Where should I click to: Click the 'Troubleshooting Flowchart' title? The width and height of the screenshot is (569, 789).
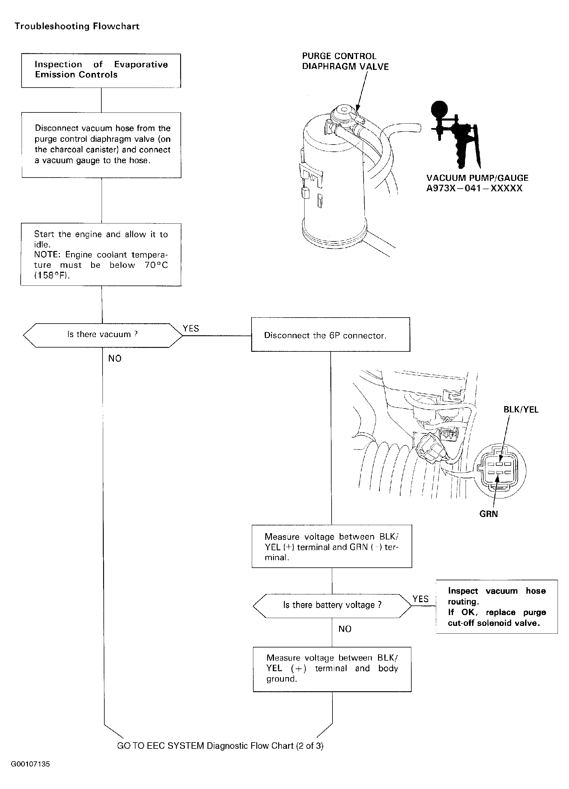point(77,26)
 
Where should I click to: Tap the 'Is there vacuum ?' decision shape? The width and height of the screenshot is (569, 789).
point(102,335)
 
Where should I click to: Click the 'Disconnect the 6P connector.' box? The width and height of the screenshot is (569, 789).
point(330,335)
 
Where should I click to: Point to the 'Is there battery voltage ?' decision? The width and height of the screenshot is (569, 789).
point(332,605)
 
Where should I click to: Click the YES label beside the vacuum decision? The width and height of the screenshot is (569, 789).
point(191,328)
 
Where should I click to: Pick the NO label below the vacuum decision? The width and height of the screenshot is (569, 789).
point(115,359)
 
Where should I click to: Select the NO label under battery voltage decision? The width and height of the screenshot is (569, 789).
point(345,629)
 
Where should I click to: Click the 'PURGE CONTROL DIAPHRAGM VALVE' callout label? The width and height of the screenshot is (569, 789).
point(345,61)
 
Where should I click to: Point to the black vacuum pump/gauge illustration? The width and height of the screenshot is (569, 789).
point(454,132)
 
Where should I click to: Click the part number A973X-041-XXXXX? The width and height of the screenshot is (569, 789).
point(474,189)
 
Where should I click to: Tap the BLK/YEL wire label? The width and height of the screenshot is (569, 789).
point(521,409)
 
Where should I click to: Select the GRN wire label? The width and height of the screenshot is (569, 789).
point(488,514)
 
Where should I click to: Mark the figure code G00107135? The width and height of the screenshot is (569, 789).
point(31,764)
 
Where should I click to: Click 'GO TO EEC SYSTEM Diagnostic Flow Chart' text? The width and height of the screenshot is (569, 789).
point(220,746)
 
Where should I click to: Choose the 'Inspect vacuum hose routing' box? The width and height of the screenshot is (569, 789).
point(496,607)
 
